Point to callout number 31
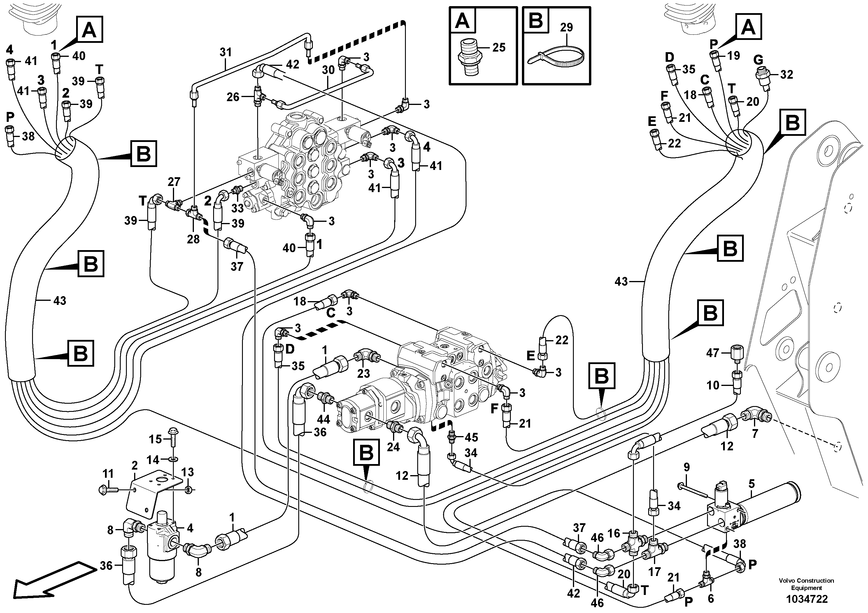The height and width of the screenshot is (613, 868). pyautogui.click(x=226, y=52)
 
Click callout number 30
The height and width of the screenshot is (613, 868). pyautogui.click(x=328, y=70)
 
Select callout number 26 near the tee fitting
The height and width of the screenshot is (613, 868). pyautogui.click(x=233, y=97)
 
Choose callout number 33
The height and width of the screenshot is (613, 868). pyautogui.click(x=237, y=208)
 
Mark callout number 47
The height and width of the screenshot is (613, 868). pyautogui.click(x=713, y=353)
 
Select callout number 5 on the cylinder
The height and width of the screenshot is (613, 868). pyautogui.click(x=752, y=484)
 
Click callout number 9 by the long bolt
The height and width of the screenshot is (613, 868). pyautogui.click(x=687, y=467)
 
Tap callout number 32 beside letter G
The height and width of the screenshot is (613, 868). pyautogui.click(x=787, y=74)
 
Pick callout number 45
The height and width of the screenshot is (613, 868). pyautogui.click(x=471, y=437)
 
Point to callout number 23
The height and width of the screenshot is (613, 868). pyautogui.click(x=363, y=373)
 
